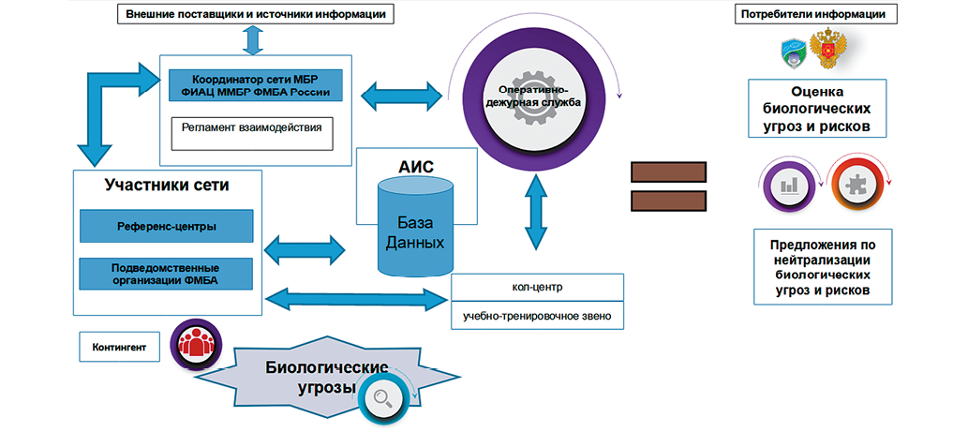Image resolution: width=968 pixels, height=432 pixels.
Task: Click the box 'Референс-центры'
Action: tap(167, 225)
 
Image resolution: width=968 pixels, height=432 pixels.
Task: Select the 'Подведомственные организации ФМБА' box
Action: tap(167, 274)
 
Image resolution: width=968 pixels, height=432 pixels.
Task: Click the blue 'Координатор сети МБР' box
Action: tap(255, 85)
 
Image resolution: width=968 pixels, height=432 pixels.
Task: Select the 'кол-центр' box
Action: tap(537, 286)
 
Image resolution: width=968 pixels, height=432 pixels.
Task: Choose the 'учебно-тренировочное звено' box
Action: tap(537, 316)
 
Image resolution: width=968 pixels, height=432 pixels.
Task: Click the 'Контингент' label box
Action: tap(119, 347)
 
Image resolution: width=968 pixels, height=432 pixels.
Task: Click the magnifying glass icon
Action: tap(384, 398)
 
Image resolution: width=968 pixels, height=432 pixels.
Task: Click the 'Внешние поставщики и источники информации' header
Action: tap(254, 14)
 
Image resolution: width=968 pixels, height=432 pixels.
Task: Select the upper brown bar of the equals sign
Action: tap(668, 171)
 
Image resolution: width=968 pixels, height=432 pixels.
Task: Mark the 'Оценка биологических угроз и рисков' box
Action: tap(818, 110)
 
